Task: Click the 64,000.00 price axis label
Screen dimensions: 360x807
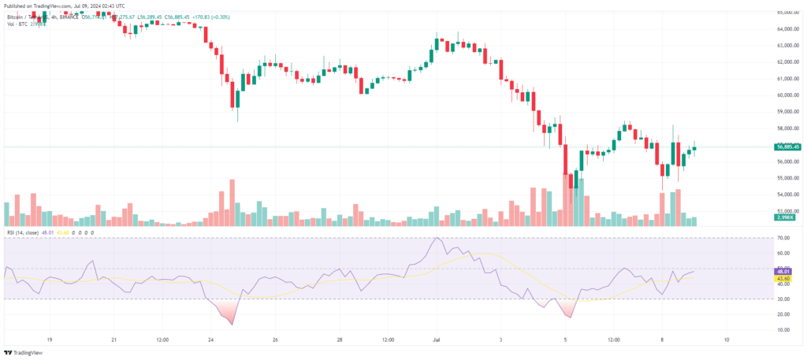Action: coord(786,29)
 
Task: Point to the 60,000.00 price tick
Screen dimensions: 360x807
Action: coord(786,95)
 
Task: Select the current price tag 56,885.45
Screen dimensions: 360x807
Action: coord(788,147)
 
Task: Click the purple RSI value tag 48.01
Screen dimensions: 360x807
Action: coord(783,272)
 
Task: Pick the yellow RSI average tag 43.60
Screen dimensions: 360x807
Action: coord(783,278)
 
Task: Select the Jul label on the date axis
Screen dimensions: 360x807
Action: coord(437,340)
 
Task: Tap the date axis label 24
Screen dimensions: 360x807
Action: coord(210,340)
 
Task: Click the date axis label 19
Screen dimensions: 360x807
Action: coord(50,340)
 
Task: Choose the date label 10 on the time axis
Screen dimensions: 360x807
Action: coord(726,340)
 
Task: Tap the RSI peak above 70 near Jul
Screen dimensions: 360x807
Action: coord(437,239)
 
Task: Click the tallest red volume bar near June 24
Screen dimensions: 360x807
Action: coord(232,202)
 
